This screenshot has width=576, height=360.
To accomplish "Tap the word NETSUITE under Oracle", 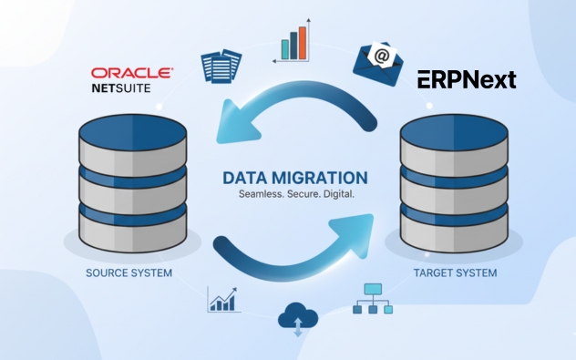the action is pos(119,89).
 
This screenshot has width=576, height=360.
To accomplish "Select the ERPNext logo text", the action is pos(467,79).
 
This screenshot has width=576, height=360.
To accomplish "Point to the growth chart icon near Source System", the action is pos(223,299).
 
